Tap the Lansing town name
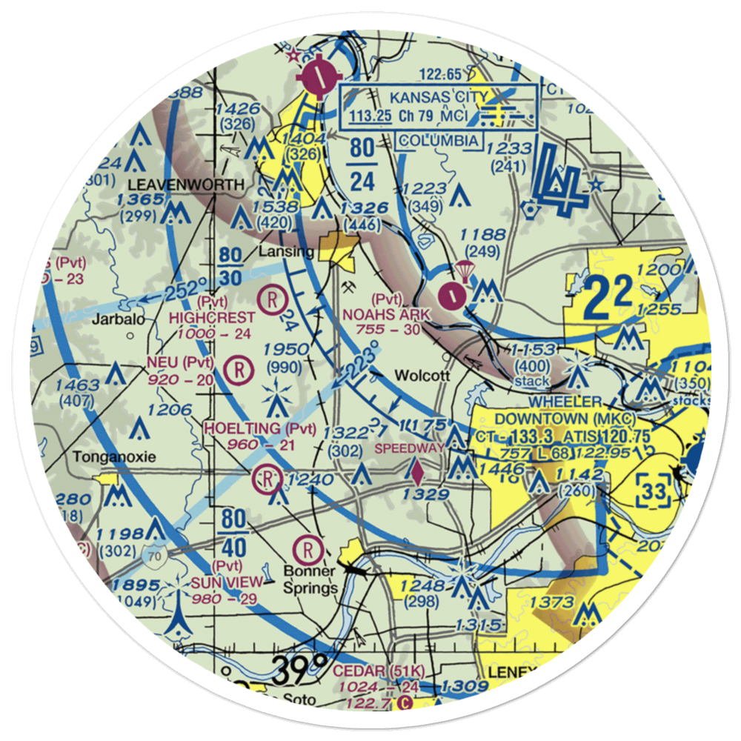coord(287,252)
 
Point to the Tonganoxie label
coord(114,457)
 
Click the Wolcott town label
coord(422,375)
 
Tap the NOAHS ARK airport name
coord(385,314)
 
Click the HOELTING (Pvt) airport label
coord(259,428)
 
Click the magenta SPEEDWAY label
coord(410,448)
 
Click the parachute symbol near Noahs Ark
coord(465,269)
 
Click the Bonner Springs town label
coord(311,579)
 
